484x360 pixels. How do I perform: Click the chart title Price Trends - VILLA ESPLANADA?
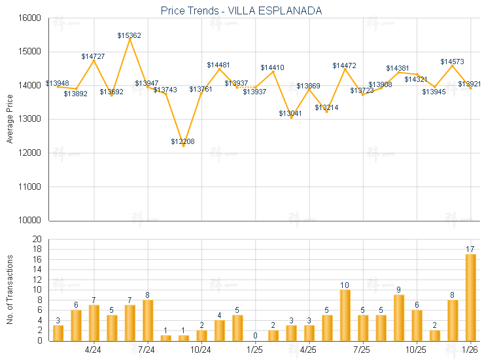coord(241,11)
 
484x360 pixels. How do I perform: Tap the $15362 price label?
coord(129,35)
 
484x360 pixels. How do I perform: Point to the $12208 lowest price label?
coord(182,141)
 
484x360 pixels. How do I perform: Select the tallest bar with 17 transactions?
coord(470,297)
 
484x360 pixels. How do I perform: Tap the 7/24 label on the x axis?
coord(147,350)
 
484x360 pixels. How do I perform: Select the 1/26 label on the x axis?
coord(470,350)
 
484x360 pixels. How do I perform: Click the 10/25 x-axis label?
coord(417,350)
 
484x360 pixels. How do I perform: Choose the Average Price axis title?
coord(9,119)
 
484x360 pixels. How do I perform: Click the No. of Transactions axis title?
coord(9,289)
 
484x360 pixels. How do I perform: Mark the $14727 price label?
coord(94,57)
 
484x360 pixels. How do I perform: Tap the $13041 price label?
coord(290,114)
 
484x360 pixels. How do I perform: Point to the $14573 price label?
coord(452,62)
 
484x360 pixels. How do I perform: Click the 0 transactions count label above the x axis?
coord(255,336)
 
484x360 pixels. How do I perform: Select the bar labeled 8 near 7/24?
coord(148,320)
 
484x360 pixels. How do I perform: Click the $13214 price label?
coord(326,107)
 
